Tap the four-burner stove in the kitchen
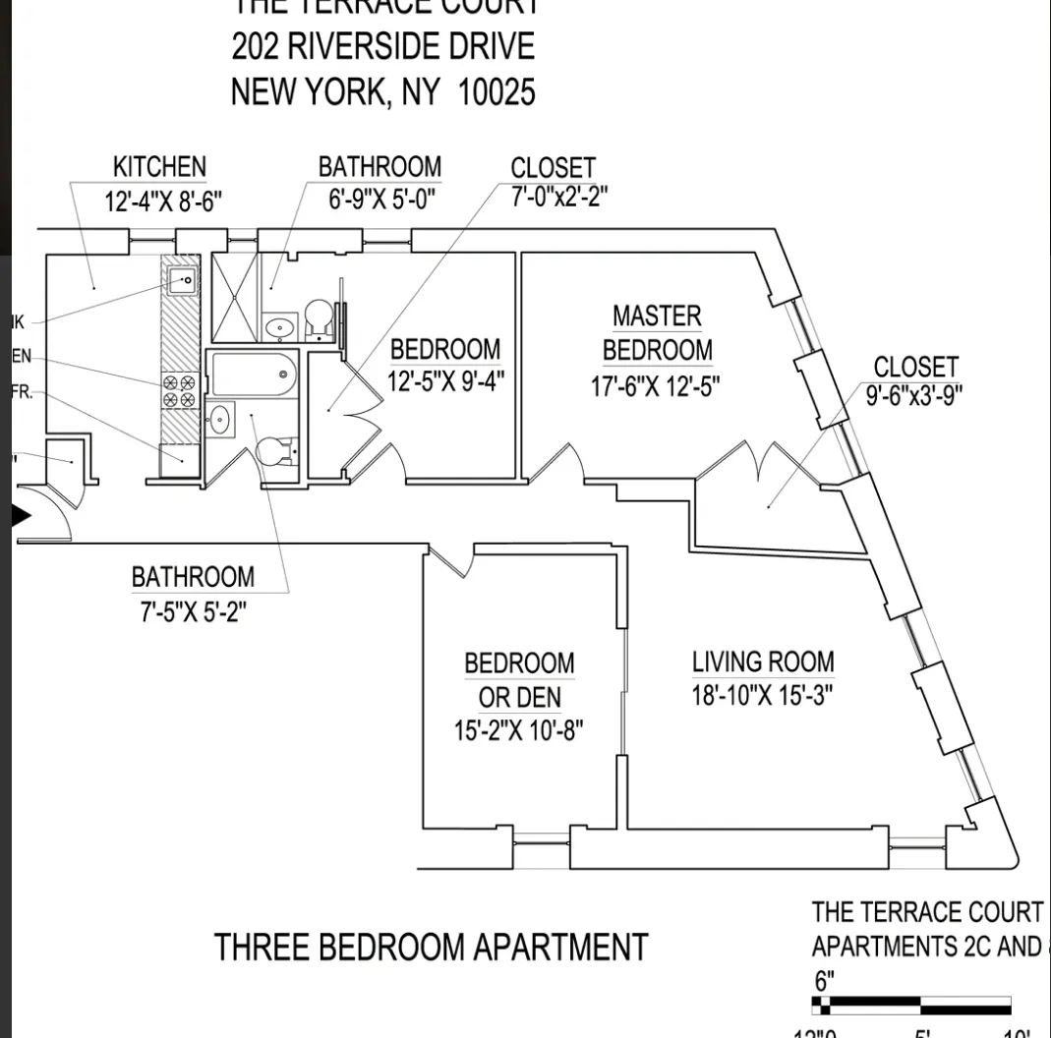pyautogui.click(x=179, y=391)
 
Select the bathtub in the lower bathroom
pyautogui.click(x=253, y=374)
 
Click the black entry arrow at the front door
pyautogui.click(x=22, y=515)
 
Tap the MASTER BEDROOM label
pyautogui.click(x=657, y=333)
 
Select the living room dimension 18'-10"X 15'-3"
pyautogui.click(x=762, y=695)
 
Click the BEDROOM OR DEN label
pyautogui.click(x=519, y=680)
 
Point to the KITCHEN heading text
pyautogui.click(x=159, y=167)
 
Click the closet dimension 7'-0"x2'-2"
pyautogui.click(x=558, y=196)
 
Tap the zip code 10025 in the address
pyautogui.click(x=496, y=92)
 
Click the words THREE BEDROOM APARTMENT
pyautogui.click(x=431, y=948)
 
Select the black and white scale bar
pyautogui.click(x=910, y=1006)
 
